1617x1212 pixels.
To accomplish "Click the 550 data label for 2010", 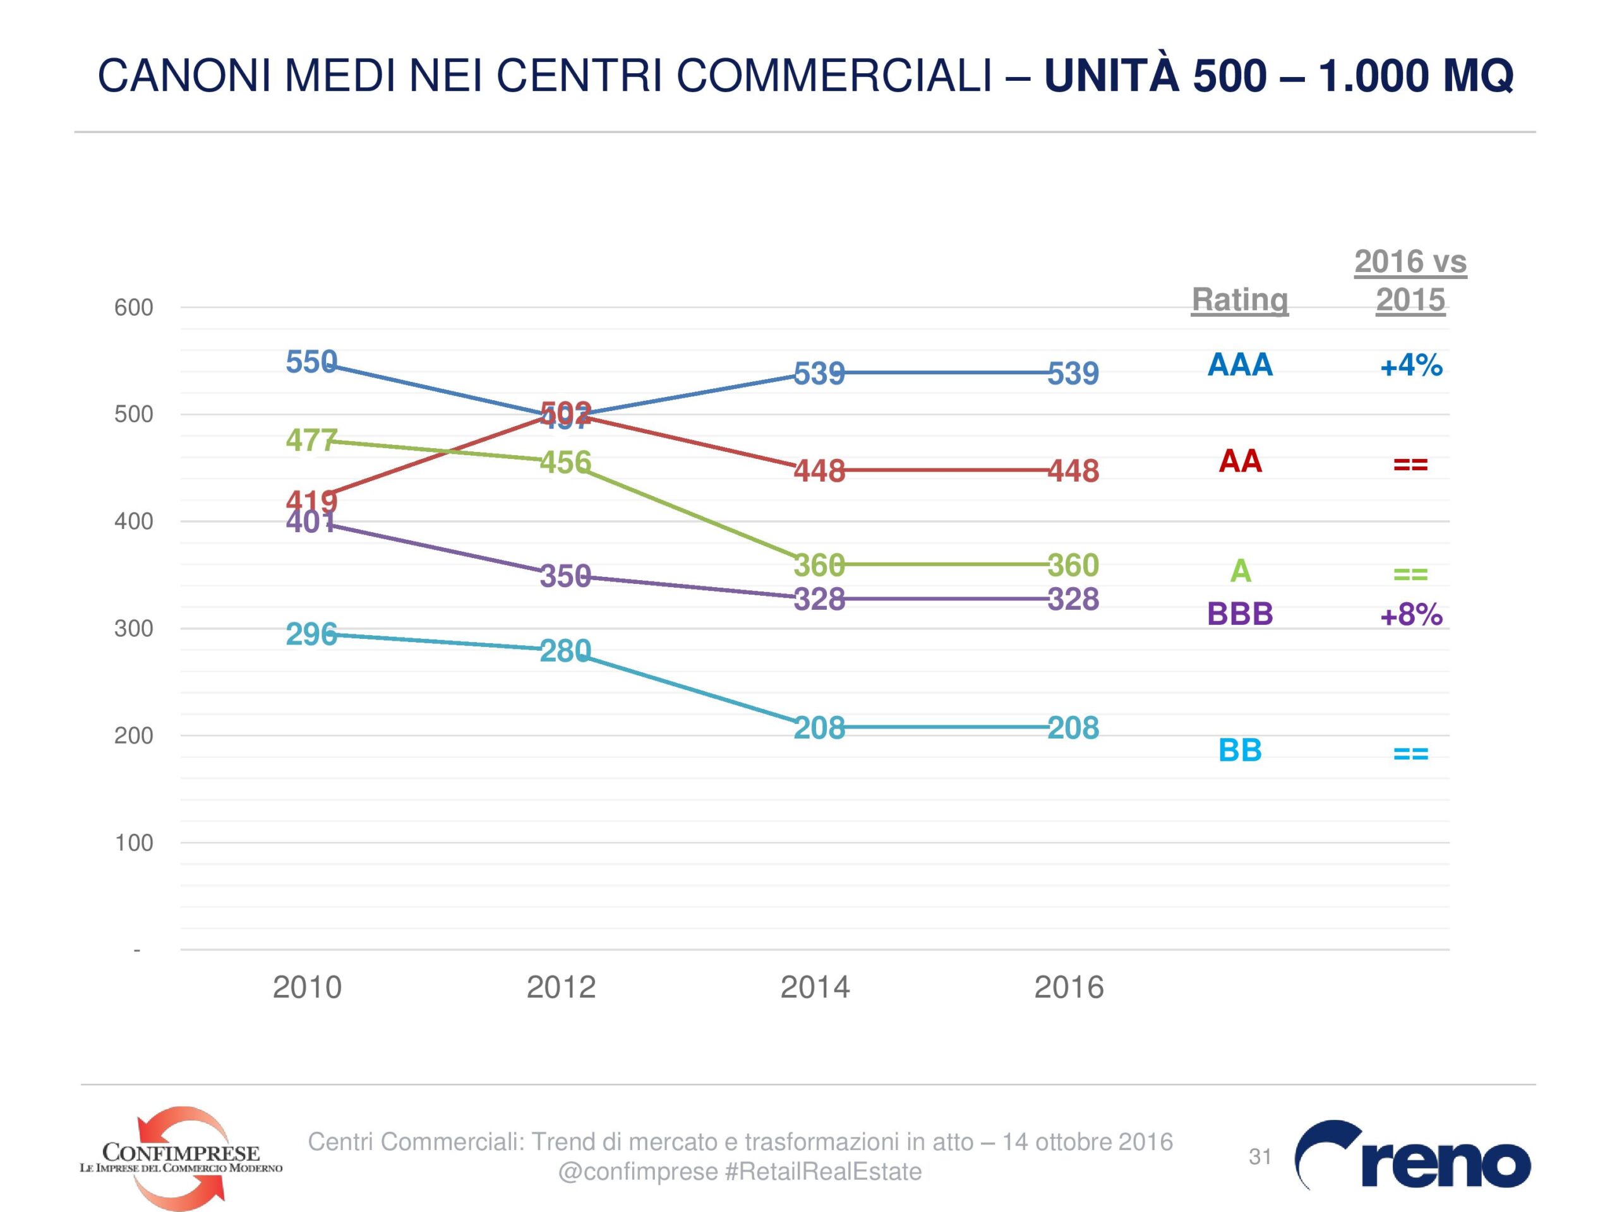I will (311, 362).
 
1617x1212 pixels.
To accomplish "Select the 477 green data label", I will (311, 441).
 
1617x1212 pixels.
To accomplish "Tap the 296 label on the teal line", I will (311, 634).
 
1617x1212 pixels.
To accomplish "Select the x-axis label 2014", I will (815, 988).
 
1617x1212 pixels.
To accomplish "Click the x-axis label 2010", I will (307, 988).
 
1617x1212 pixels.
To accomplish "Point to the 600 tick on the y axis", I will (134, 307).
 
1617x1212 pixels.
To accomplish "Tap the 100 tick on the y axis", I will (134, 843).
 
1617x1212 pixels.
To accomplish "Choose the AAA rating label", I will (1240, 365).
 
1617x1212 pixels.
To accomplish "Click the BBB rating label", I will (1240, 614).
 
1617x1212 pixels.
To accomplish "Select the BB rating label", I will (1240, 751).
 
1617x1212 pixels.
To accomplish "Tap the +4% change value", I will (1411, 365).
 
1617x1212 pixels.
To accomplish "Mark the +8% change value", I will (1411, 615).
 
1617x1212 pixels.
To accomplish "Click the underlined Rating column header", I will (1240, 300).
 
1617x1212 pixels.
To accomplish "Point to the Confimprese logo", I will (181, 1157).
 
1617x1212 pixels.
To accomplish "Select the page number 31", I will (1260, 1156).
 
